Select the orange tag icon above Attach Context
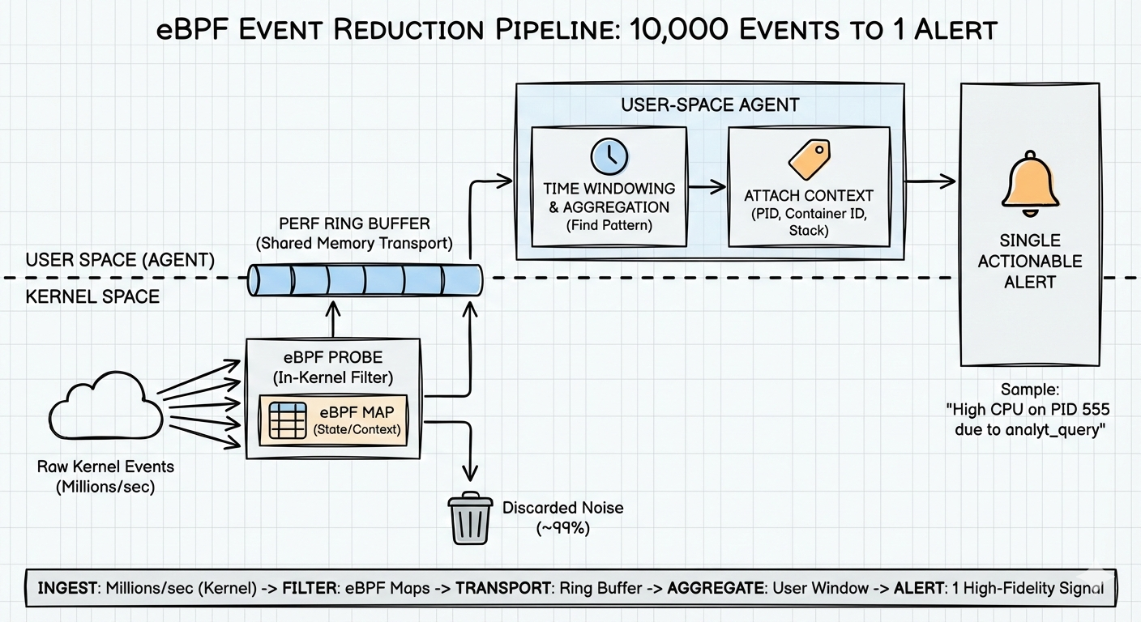tap(810, 160)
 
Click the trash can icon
tap(470, 519)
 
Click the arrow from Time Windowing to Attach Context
tap(707, 187)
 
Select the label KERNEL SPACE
tap(92, 297)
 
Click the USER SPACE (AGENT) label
tap(120, 260)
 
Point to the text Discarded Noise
tap(563, 508)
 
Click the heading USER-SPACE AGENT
tap(710, 104)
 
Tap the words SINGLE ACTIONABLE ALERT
tap(1029, 261)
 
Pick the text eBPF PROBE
tap(333, 356)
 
